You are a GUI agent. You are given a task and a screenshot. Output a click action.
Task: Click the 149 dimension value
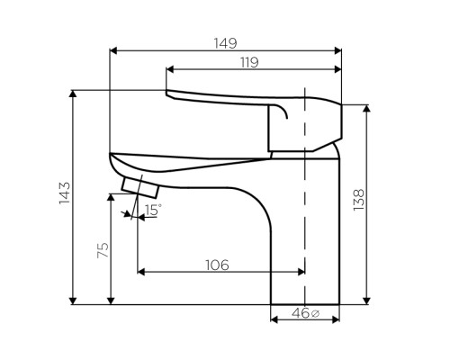(225, 43)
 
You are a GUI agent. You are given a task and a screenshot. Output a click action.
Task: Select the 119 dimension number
(249, 62)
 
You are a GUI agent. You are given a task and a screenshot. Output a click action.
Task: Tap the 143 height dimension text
(65, 193)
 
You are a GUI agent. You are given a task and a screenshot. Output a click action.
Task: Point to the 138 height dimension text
(358, 200)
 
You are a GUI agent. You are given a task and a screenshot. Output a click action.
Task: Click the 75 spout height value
(103, 250)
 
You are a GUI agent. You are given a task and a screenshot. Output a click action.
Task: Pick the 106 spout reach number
(217, 265)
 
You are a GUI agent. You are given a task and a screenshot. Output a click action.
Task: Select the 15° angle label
(153, 210)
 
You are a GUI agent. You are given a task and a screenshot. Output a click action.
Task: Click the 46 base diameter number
(301, 313)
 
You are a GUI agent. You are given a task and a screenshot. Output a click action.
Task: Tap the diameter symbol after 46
(316, 314)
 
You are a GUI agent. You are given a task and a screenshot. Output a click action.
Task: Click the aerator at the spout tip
(139, 188)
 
